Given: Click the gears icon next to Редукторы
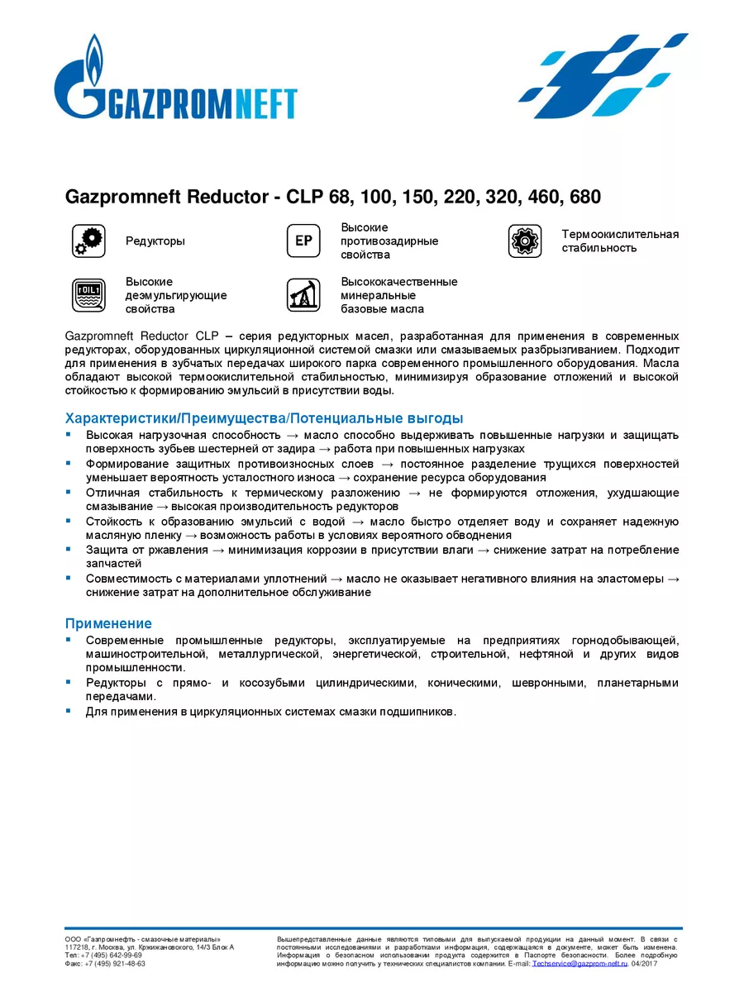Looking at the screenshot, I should [x=88, y=241].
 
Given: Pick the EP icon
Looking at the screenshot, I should [x=303, y=241].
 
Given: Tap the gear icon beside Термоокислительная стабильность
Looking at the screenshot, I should [x=524, y=241].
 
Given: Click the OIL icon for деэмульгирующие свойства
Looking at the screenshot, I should [x=88, y=295].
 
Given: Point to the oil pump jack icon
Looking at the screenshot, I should [x=303, y=295].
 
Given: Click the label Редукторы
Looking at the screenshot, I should [x=155, y=241].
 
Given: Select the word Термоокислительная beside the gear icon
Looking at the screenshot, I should [x=620, y=234].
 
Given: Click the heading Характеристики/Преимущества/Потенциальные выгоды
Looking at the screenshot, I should [x=264, y=418].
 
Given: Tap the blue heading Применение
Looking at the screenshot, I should [x=108, y=623].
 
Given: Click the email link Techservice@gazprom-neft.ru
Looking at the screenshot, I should [x=580, y=963].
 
